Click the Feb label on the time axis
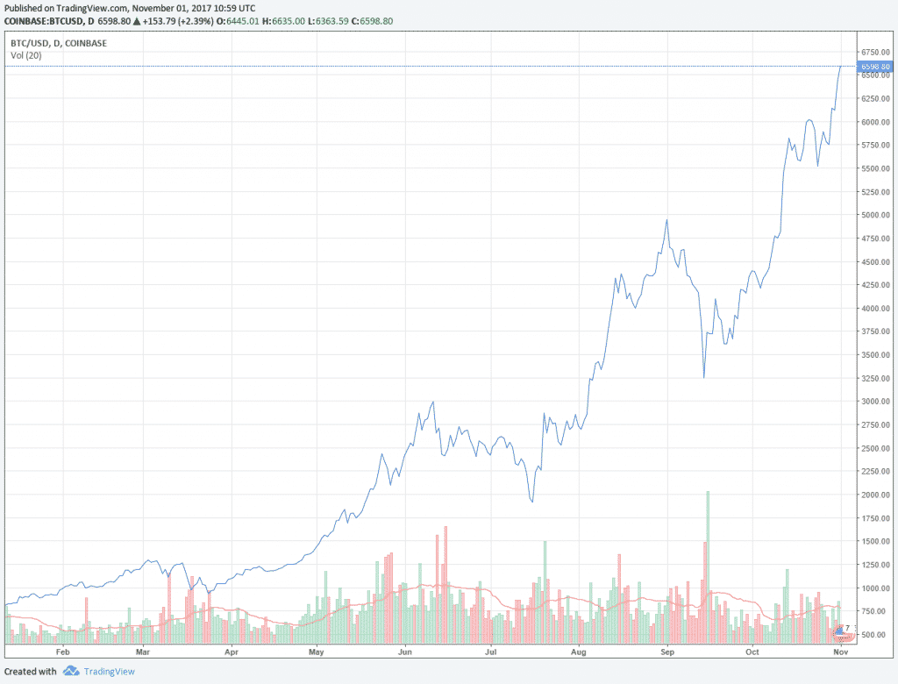[x=62, y=653]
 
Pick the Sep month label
[x=666, y=653]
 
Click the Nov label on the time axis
[x=840, y=653]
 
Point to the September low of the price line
[x=704, y=376]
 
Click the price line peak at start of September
[x=666, y=220]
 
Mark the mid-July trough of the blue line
[x=532, y=501]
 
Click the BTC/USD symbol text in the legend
[x=30, y=41]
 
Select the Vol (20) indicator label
[x=25, y=55]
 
